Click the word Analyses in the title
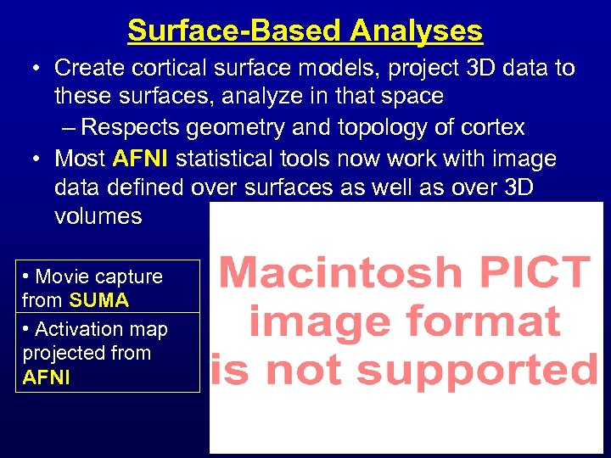click(x=416, y=31)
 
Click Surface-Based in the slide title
click(x=235, y=31)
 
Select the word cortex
click(x=493, y=128)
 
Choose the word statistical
click(x=229, y=159)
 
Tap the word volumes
click(x=98, y=215)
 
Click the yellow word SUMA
click(x=99, y=300)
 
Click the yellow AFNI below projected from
click(x=47, y=377)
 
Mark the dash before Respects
click(x=70, y=128)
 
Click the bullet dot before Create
click(x=36, y=68)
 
